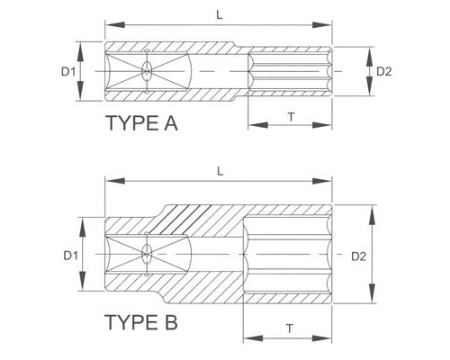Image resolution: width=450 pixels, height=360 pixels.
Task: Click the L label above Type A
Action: coord(220,15)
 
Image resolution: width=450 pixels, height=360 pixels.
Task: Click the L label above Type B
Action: coord(220,172)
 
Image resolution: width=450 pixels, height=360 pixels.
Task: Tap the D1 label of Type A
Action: coord(68,72)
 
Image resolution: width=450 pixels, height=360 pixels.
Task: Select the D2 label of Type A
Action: coord(384,72)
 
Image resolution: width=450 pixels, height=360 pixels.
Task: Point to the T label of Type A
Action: coord(291,117)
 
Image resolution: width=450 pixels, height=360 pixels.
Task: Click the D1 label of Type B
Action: coord(70,256)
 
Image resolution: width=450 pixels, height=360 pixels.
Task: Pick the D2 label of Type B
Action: coord(358,256)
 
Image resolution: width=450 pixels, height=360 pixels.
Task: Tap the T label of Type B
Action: coord(290,328)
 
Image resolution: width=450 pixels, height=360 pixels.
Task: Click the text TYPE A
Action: coord(142,123)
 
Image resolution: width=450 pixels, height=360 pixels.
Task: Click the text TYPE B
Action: coord(141,322)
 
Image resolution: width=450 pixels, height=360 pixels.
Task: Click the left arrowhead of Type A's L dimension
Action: coord(115,25)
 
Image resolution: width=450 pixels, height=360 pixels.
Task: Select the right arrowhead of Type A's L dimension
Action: coord(321,25)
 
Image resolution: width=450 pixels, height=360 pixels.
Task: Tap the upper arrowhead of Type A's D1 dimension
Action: coord(80,52)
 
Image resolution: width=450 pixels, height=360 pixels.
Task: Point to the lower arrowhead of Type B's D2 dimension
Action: coord(372,293)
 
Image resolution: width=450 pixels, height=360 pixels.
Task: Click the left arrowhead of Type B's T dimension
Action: coord(254,338)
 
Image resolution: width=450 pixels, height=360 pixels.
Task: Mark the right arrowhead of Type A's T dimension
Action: coord(321,125)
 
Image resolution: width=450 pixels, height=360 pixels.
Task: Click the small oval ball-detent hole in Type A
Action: coord(147,71)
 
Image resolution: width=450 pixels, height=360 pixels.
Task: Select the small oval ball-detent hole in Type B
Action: coord(147,255)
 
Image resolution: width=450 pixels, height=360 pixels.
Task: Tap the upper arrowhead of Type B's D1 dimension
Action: coord(83,228)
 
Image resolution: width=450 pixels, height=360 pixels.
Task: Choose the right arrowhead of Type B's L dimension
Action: coord(321,181)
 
